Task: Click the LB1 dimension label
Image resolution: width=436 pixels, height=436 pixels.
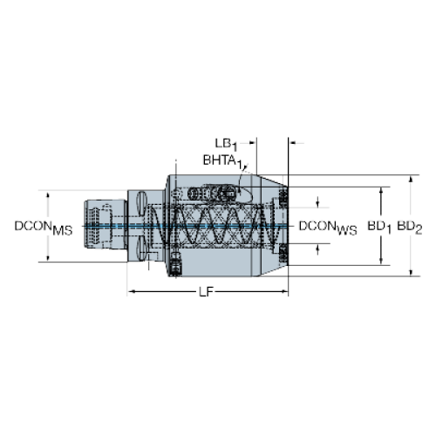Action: (226, 144)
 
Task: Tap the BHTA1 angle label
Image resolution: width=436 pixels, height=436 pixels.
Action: (222, 161)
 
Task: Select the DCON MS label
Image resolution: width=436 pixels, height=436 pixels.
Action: (44, 228)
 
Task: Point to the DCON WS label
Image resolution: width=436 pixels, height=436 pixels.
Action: (328, 228)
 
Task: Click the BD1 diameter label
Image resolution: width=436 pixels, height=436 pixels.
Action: (379, 228)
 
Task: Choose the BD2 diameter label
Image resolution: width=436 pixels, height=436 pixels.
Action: (410, 228)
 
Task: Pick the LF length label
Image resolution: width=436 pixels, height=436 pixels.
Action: (206, 291)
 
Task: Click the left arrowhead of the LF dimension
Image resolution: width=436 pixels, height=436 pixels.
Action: (132, 291)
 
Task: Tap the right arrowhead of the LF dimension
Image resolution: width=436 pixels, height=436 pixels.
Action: (284, 291)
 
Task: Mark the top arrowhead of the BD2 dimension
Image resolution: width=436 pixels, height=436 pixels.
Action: (411, 179)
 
